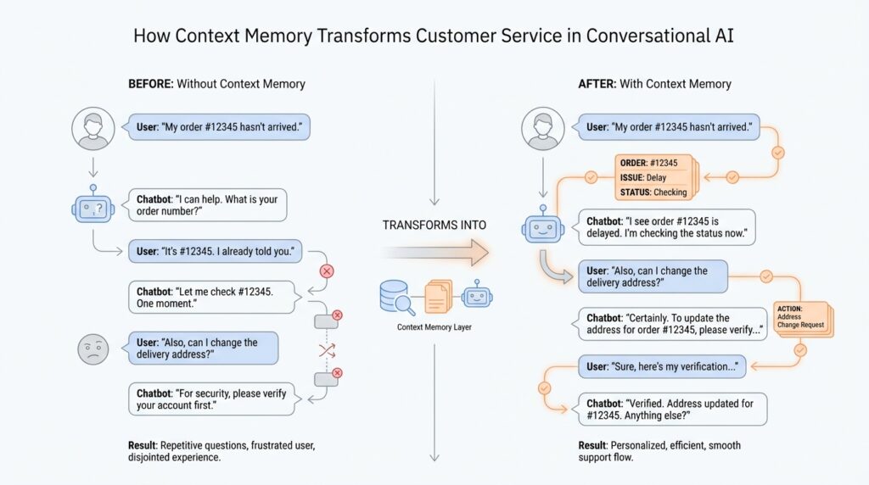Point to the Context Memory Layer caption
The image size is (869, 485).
tap(434, 326)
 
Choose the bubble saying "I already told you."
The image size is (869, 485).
tap(216, 252)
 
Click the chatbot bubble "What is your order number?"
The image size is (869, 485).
tap(206, 205)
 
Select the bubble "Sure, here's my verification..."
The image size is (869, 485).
tap(662, 367)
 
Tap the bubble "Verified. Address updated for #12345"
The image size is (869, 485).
tap(672, 410)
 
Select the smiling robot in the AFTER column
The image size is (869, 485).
tap(541, 227)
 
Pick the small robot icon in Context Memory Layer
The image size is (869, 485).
tap(476, 297)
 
